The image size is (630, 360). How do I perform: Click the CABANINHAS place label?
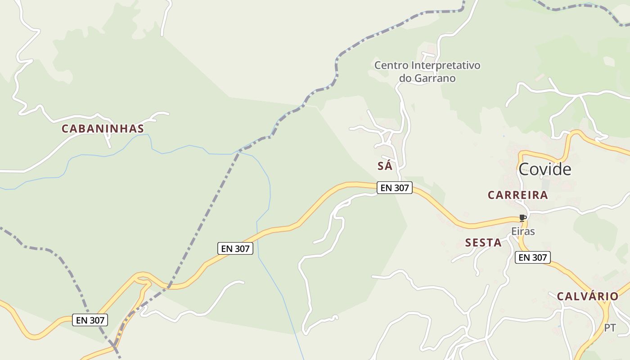(x=103, y=129)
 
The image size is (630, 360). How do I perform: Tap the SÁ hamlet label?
(x=385, y=166)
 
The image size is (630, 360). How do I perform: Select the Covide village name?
(x=544, y=169)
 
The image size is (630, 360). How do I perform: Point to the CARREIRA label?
(x=517, y=195)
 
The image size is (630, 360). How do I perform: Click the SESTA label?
(x=483, y=243)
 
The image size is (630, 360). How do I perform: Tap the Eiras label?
(x=523, y=231)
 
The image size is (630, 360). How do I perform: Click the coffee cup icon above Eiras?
(x=522, y=218)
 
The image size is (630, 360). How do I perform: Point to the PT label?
(x=610, y=328)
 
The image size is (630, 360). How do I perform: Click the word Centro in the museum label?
(x=392, y=66)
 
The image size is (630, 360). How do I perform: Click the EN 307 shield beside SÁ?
(x=395, y=188)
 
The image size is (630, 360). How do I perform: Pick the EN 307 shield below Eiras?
(x=532, y=257)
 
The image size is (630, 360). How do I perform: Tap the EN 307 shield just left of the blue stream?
(x=235, y=248)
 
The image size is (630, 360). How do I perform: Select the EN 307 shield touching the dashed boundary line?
(x=90, y=320)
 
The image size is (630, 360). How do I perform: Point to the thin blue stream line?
(x=270, y=193)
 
